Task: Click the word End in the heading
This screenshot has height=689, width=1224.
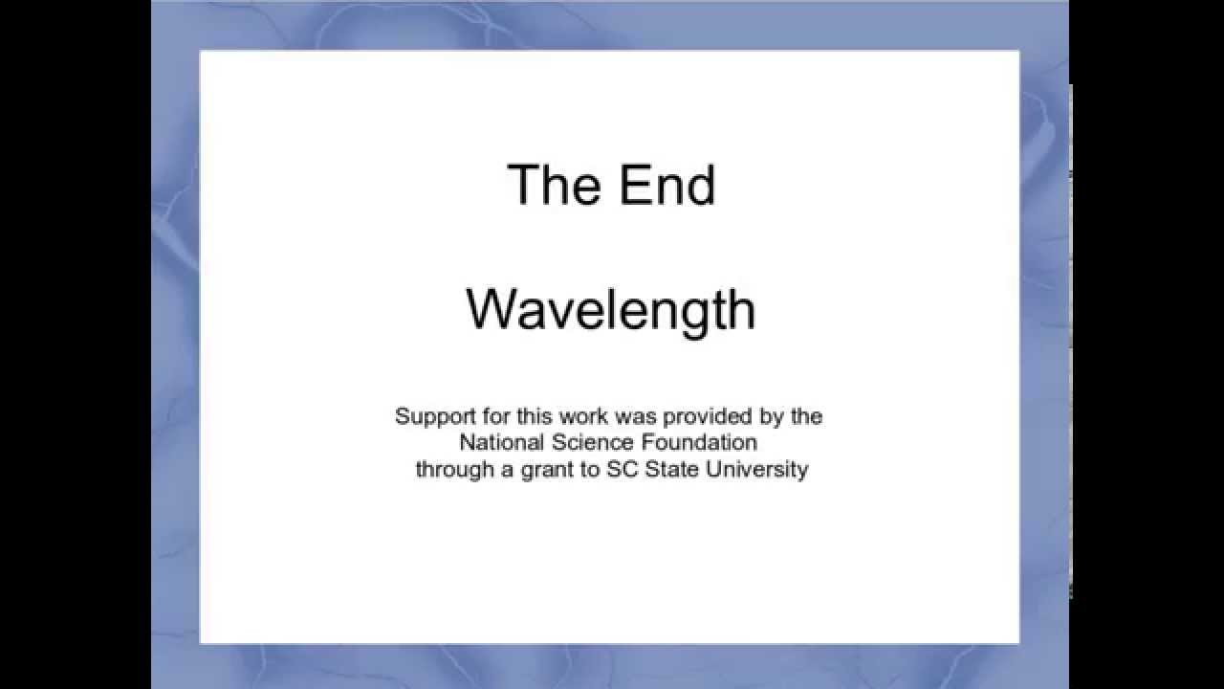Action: [x=667, y=185]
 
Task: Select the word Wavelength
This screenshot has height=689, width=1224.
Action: [x=610, y=310]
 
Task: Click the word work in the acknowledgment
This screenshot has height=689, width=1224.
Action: [x=583, y=417]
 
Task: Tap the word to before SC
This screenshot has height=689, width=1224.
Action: [x=588, y=470]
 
